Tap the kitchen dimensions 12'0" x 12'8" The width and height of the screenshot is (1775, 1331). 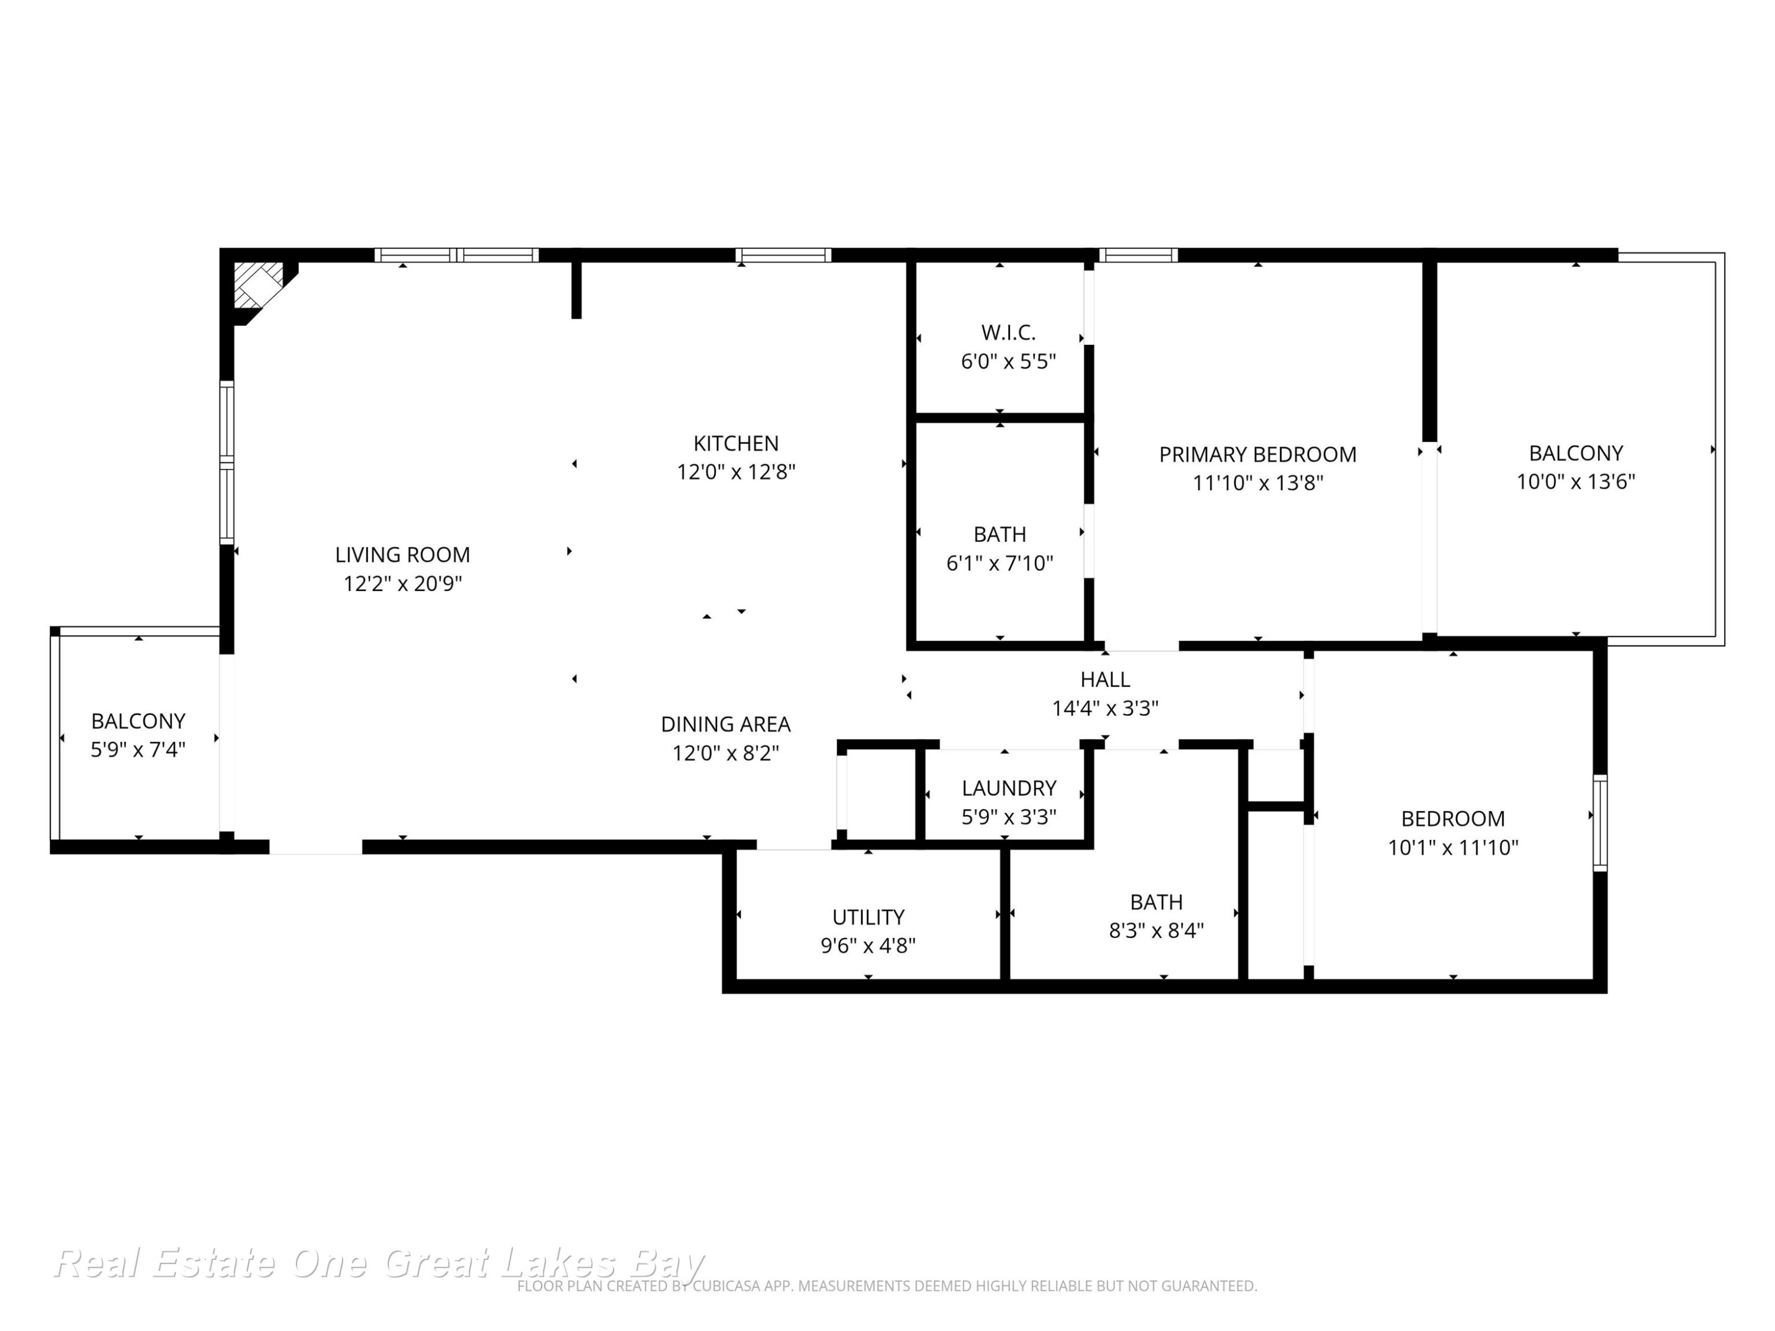point(736,471)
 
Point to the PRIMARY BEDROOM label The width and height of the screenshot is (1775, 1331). point(1257,454)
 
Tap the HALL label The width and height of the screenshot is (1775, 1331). point(1105,680)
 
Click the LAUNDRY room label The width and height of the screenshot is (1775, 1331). point(1009,788)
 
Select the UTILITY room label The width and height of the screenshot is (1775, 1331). point(868,917)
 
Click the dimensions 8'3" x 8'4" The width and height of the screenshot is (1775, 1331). point(1156,931)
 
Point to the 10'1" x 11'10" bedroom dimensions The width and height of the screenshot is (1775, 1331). point(1453,847)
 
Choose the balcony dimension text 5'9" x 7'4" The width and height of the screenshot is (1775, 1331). point(138,750)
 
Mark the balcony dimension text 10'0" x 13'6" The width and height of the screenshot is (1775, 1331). point(1575,482)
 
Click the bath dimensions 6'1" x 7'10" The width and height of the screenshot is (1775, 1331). point(1000,563)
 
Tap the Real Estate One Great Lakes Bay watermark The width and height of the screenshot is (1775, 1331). point(379,1264)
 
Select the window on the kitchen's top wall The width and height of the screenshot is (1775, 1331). point(783,255)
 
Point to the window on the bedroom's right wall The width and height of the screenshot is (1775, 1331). point(1600,823)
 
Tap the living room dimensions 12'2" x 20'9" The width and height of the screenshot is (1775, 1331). point(403,583)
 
